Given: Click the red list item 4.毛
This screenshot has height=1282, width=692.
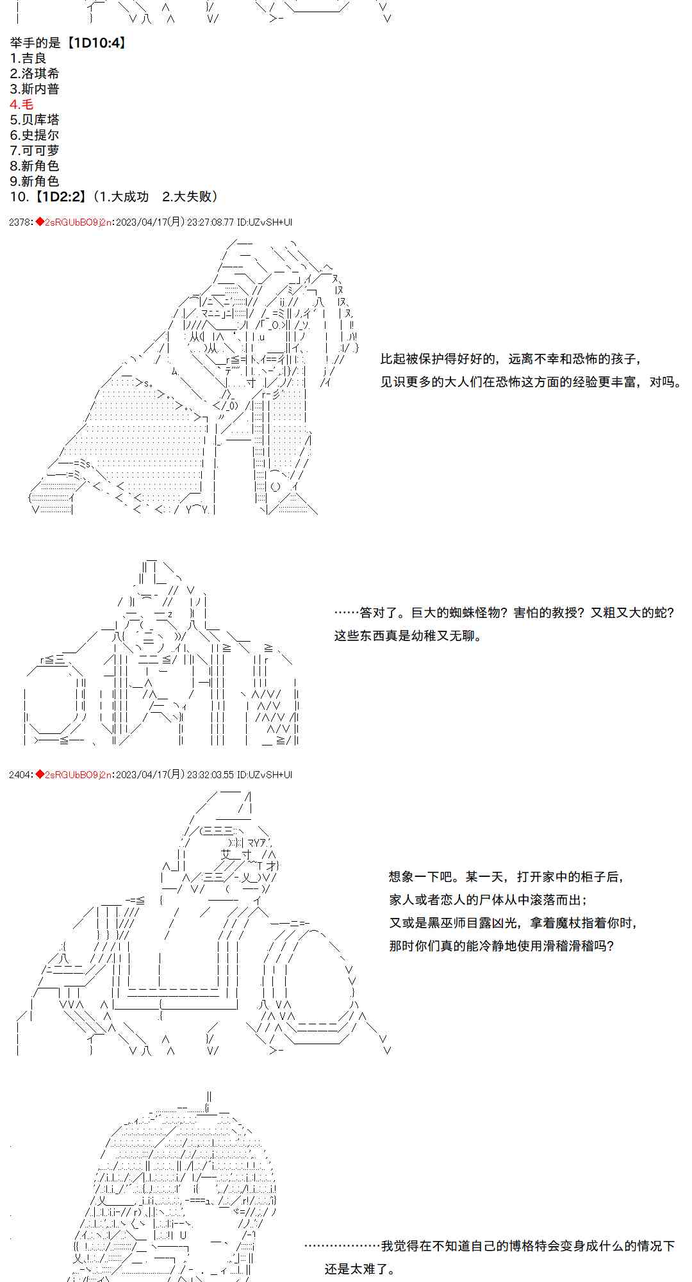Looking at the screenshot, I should (x=21, y=104).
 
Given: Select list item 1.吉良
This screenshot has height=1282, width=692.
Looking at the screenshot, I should (x=28, y=58).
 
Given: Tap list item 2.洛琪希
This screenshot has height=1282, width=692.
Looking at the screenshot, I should (x=35, y=74).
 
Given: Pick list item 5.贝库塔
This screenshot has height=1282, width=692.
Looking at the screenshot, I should (x=35, y=120).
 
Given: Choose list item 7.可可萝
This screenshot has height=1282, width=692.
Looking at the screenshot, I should (x=35, y=151).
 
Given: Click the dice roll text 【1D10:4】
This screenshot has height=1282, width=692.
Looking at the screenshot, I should (x=95, y=43).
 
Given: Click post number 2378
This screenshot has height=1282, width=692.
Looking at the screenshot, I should (x=19, y=222).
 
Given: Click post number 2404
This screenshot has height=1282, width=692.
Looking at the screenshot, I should (x=19, y=774).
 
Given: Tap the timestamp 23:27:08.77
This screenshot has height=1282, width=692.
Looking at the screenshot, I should (x=211, y=222).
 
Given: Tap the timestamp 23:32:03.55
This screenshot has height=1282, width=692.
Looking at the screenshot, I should (x=211, y=774).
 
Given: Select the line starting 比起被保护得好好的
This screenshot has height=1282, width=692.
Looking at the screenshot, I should (x=511, y=359).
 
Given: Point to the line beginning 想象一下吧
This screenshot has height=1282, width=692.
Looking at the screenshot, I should (x=506, y=877).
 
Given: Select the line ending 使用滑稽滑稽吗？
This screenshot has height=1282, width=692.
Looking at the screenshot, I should (x=501, y=946).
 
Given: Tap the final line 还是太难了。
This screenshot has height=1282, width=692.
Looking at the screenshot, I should (x=359, y=1269).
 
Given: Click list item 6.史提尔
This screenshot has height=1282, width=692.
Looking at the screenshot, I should (x=35, y=135).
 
